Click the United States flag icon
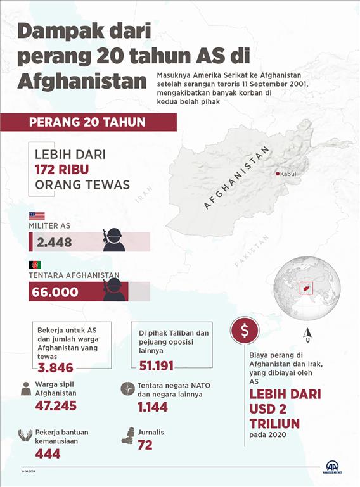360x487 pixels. tap(37, 216)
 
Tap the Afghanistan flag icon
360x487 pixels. tap(35, 264)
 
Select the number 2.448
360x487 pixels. tap(55, 243)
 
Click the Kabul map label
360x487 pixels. tap(288, 174)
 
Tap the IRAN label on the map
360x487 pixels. tap(144, 193)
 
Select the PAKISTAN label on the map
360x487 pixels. tap(248, 255)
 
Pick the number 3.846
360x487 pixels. tap(56, 368)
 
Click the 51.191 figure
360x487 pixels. tap(156, 366)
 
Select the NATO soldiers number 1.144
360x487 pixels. tap(153, 407)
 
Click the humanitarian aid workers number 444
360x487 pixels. tap(48, 453)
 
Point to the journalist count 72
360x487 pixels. tap(145, 446)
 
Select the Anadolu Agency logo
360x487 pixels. tap(332, 467)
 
